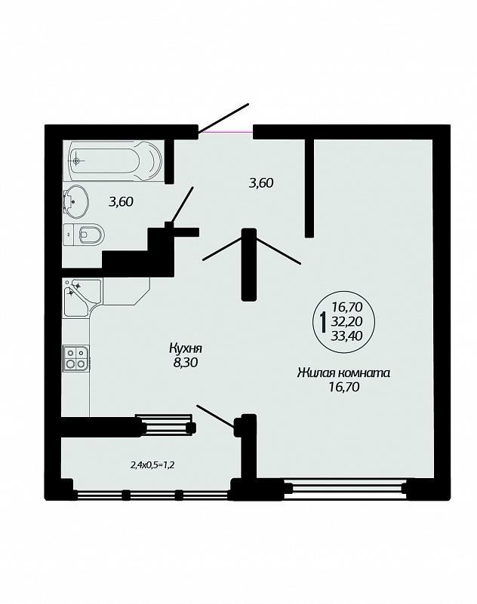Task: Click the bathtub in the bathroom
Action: [x=115, y=161]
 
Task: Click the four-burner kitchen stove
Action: [x=75, y=358]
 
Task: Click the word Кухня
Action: [x=186, y=348]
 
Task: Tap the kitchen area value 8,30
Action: [x=186, y=363]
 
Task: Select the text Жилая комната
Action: [x=344, y=373]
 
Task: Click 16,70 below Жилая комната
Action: [x=344, y=387]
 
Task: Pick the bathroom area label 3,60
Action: [x=121, y=201]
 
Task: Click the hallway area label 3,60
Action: [x=261, y=182]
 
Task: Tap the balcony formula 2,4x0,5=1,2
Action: [x=154, y=465]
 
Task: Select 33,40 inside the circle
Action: [x=346, y=336]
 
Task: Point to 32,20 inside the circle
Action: [x=346, y=322]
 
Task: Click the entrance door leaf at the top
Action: [x=223, y=118]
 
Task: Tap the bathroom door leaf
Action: [x=181, y=205]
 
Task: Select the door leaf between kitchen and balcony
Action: [x=216, y=415]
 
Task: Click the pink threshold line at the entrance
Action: [x=226, y=132]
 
